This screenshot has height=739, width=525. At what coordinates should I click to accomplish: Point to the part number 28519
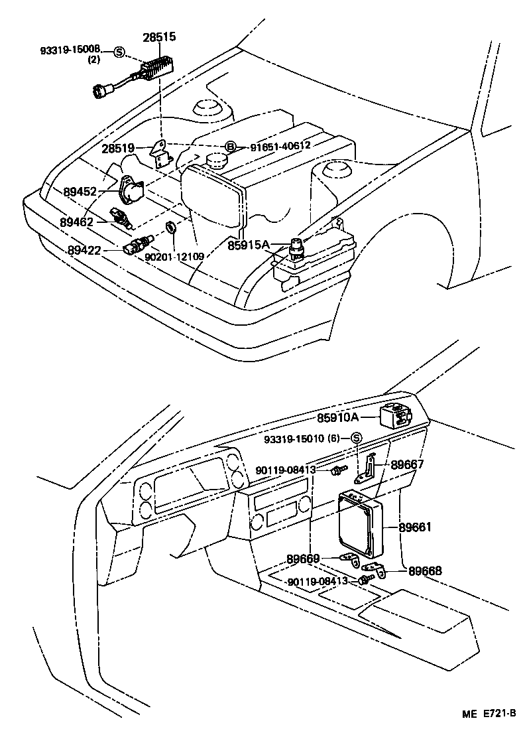pyautogui.click(x=119, y=149)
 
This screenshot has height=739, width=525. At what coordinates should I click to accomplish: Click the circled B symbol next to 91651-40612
pyautogui.click(x=230, y=146)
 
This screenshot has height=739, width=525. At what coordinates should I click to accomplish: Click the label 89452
pyautogui.click(x=80, y=192)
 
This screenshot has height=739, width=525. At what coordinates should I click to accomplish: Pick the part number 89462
pyautogui.click(x=76, y=222)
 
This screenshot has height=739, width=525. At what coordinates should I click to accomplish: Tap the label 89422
pyautogui.click(x=84, y=250)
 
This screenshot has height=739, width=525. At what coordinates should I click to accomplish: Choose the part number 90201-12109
pyautogui.click(x=175, y=255)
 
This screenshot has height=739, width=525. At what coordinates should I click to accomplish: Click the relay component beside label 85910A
pyautogui.click(x=396, y=415)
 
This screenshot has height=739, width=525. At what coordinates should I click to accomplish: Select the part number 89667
pyautogui.click(x=407, y=464)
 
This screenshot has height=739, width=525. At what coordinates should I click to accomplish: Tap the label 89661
pyautogui.click(x=415, y=528)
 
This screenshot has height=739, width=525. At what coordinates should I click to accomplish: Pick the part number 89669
pyautogui.click(x=304, y=559)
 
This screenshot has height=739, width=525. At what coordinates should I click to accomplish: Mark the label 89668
pyautogui.click(x=425, y=570)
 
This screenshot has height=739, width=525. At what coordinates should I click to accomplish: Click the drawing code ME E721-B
pyautogui.click(x=489, y=714)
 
